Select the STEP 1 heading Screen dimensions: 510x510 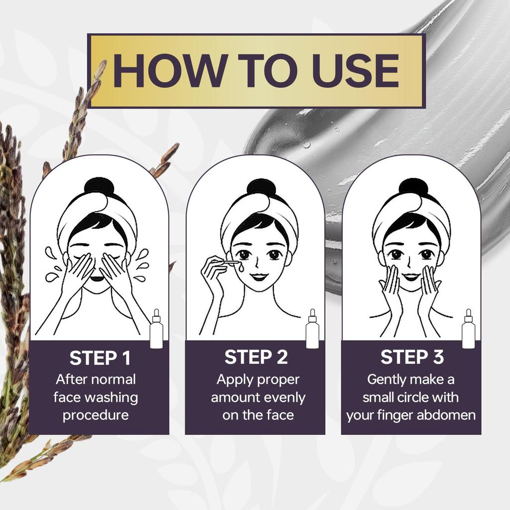click(100, 358)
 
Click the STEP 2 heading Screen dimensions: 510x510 click(256, 357)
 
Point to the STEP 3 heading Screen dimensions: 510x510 click(412, 357)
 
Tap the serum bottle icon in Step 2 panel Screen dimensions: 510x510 click(313, 329)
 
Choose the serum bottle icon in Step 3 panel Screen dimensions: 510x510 click(469, 329)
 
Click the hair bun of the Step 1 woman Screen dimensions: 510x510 click(98, 187)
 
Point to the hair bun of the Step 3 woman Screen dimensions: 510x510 click(413, 187)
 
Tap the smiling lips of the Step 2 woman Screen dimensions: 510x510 click(259, 277)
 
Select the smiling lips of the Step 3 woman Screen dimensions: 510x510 click(411, 277)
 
